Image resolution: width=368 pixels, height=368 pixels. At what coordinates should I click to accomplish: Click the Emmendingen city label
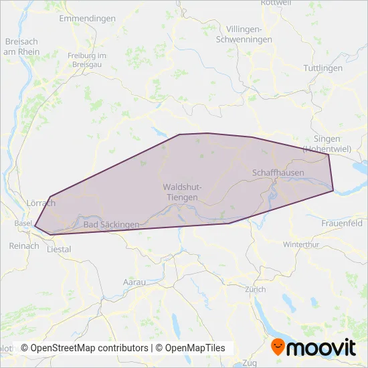tap(87, 18)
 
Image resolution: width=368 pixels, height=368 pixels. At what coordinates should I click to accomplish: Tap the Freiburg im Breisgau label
tap(88, 60)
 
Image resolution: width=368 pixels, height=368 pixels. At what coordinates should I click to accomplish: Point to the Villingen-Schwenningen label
tap(248, 35)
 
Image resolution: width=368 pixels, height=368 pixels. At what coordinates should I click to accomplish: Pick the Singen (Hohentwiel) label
tap(322, 143)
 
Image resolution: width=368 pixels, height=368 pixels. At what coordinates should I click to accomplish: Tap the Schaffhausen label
tap(278, 173)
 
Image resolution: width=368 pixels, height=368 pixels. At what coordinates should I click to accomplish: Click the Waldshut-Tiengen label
tap(180, 193)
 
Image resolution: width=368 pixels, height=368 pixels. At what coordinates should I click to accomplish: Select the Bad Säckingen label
tap(111, 225)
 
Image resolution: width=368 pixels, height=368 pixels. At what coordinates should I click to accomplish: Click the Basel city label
tap(22, 223)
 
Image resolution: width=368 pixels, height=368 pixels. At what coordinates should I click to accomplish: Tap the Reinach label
tap(21, 246)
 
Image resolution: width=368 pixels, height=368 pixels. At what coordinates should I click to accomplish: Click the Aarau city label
tap(134, 282)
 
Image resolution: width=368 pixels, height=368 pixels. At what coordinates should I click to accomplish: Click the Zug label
tap(250, 363)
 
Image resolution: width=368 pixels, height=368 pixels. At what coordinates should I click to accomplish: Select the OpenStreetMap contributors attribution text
tap(84, 348)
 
